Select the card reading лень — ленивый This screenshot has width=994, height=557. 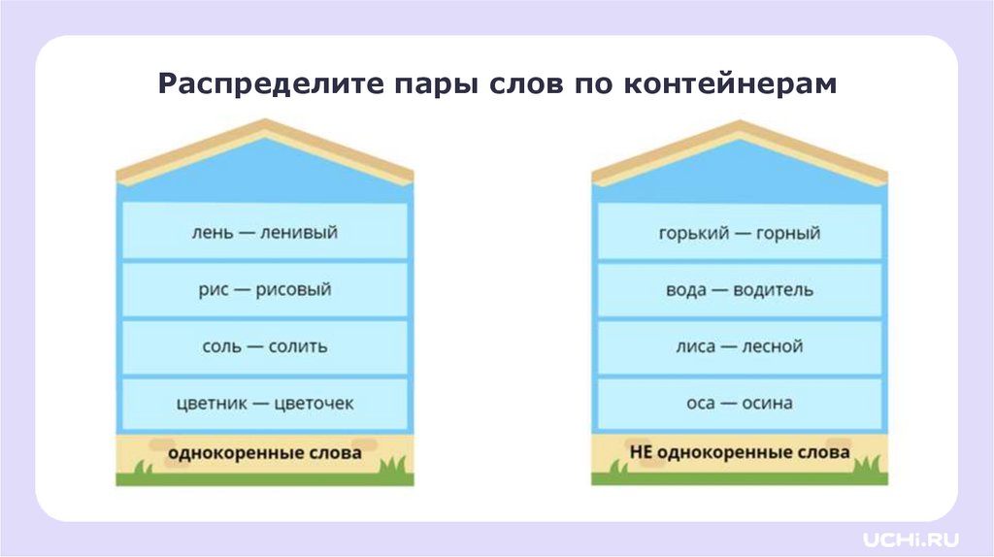(x=264, y=232)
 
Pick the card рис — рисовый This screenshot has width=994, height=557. (x=264, y=289)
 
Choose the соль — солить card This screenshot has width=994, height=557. (x=264, y=346)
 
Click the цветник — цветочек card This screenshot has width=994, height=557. (x=264, y=403)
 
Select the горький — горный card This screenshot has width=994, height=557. (x=740, y=232)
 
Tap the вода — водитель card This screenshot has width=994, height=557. (x=740, y=289)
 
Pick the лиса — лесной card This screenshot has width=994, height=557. (x=740, y=346)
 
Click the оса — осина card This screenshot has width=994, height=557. (x=740, y=403)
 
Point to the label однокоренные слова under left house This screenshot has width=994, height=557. (x=264, y=452)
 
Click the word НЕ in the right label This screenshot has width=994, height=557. (x=641, y=452)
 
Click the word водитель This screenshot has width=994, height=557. (x=775, y=290)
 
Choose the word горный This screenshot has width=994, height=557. (x=788, y=233)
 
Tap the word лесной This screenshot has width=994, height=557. (x=772, y=346)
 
